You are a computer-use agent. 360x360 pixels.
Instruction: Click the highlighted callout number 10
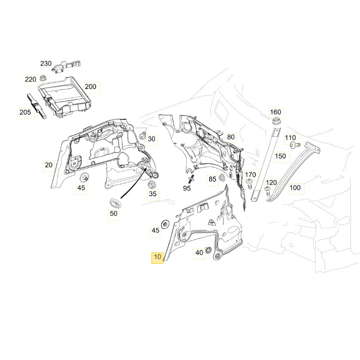pyautogui.click(x=157, y=258)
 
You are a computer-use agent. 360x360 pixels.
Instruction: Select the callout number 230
pyautogui.click(x=46, y=64)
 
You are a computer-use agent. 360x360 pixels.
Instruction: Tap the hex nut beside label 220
pyautogui.click(x=43, y=78)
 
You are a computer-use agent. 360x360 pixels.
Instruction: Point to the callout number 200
pyautogui.click(x=91, y=86)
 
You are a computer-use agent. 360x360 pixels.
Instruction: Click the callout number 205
pyautogui.click(x=25, y=113)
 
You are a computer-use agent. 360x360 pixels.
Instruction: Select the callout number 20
pyautogui.click(x=49, y=165)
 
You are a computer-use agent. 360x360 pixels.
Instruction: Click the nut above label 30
pyautogui.click(x=142, y=137)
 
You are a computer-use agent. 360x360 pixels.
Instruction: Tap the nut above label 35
pyautogui.click(x=151, y=185)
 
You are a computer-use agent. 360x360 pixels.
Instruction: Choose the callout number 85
pyautogui.click(x=212, y=179)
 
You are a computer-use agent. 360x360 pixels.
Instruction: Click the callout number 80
pyautogui.click(x=231, y=137)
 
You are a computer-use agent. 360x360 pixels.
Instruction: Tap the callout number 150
pyautogui.click(x=280, y=156)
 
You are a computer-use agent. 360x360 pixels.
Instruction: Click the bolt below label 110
pyautogui.click(x=293, y=145)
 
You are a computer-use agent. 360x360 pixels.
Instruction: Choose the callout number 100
pyautogui.click(x=295, y=188)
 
